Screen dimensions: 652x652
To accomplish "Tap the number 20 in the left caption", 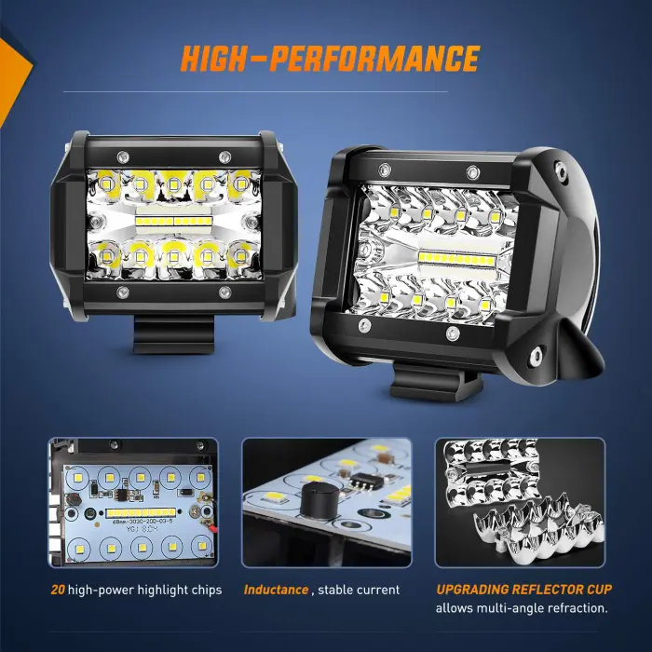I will click(x=59, y=590).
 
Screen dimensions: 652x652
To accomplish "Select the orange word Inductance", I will click(x=276, y=590).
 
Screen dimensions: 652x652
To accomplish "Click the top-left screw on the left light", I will click(x=122, y=154).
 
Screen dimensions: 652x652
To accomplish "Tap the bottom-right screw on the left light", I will click(x=224, y=293).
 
